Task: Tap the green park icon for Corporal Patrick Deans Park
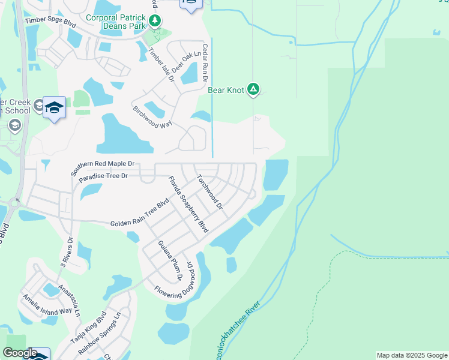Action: (x=155, y=22)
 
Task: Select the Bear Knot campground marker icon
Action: (x=253, y=90)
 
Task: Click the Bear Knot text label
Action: (x=226, y=91)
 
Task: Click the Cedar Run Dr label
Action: (x=205, y=62)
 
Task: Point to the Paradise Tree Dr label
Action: (x=103, y=176)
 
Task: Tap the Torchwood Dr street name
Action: (x=209, y=191)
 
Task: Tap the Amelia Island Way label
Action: (x=47, y=305)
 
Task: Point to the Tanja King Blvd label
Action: (x=88, y=327)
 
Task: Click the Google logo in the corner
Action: (x=19, y=353)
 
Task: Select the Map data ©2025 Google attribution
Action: (x=412, y=355)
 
